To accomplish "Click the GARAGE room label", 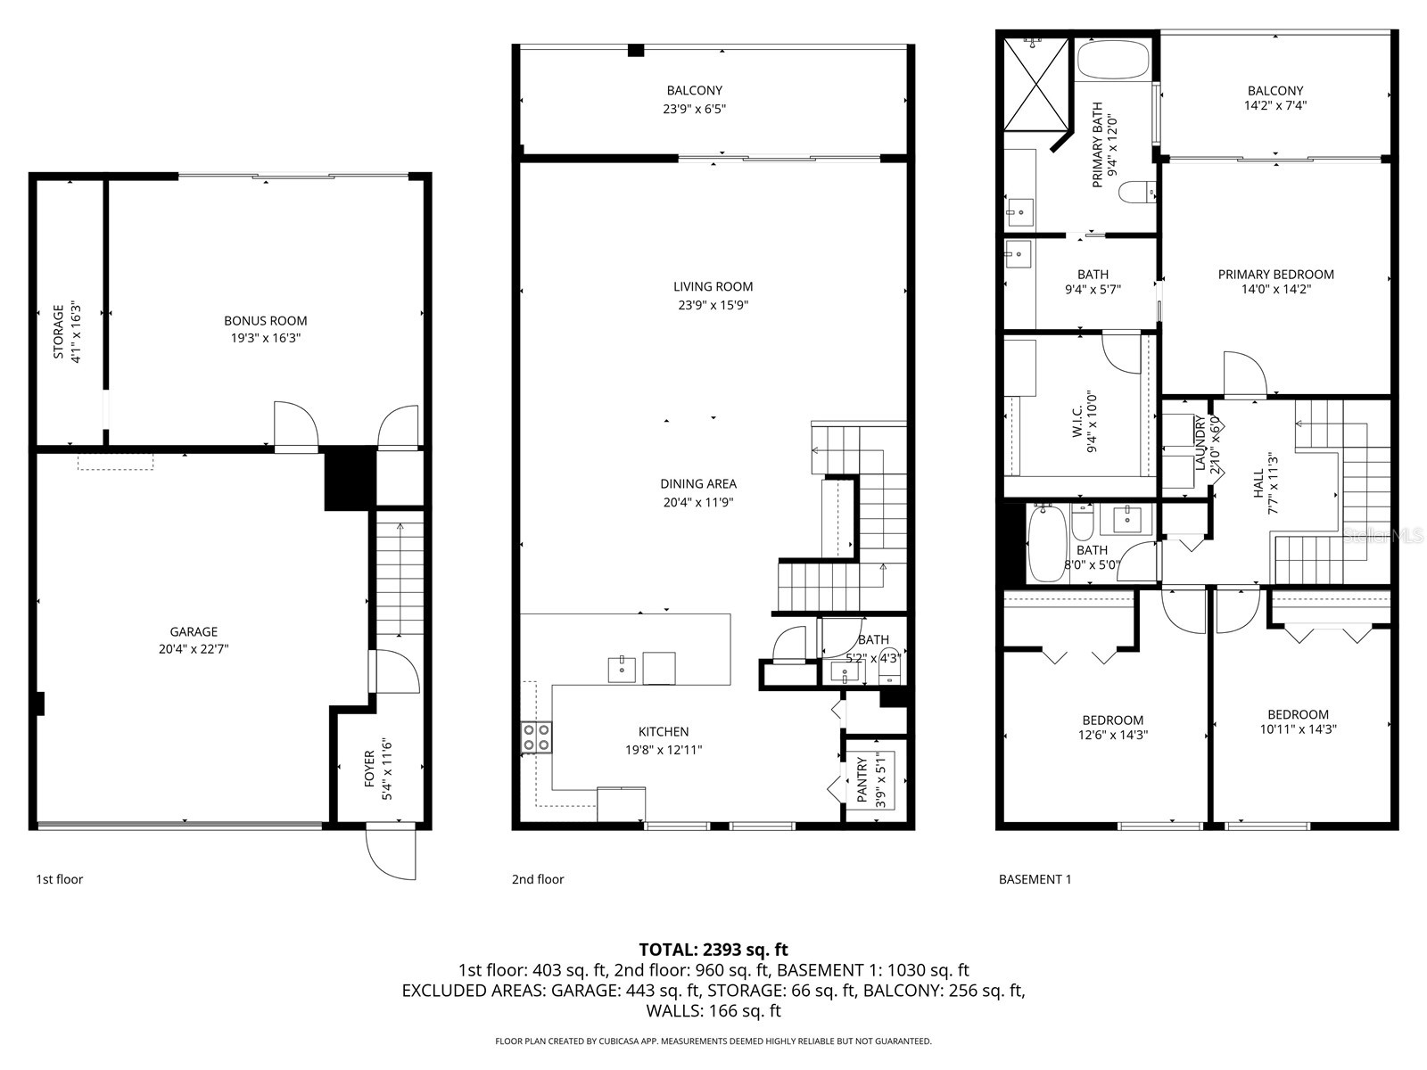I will pyautogui.click(x=194, y=632).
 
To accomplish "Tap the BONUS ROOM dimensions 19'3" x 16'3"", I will pyautogui.click(x=265, y=338).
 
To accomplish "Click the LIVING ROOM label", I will pyautogui.click(x=713, y=286).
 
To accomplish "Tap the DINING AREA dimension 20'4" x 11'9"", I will pyautogui.click(x=698, y=502).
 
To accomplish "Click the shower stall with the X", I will pyautogui.click(x=1035, y=86).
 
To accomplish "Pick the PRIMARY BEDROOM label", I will pyautogui.click(x=1275, y=275).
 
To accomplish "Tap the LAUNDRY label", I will pyautogui.click(x=1200, y=443).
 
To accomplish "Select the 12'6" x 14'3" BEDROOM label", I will pyautogui.click(x=1112, y=720).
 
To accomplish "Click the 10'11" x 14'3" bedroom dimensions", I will pyautogui.click(x=1298, y=728).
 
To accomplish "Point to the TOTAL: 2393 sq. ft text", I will pyautogui.click(x=713, y=950).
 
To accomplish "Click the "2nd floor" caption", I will pyautogui.click(x=538, y=879).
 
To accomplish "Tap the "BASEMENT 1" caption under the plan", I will pyautogui.click(x=1035, y=879).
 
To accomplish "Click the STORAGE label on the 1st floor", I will pyautogui.click(x=59, y=332).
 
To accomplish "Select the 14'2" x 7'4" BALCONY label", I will pyautogui.click(x=1274, y=90).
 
